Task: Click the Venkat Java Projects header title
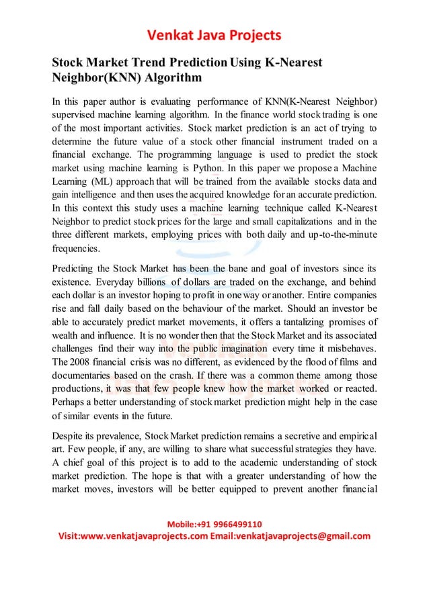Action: click(x=214, y=34)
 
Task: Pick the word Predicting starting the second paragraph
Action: click(x=76, y=269)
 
